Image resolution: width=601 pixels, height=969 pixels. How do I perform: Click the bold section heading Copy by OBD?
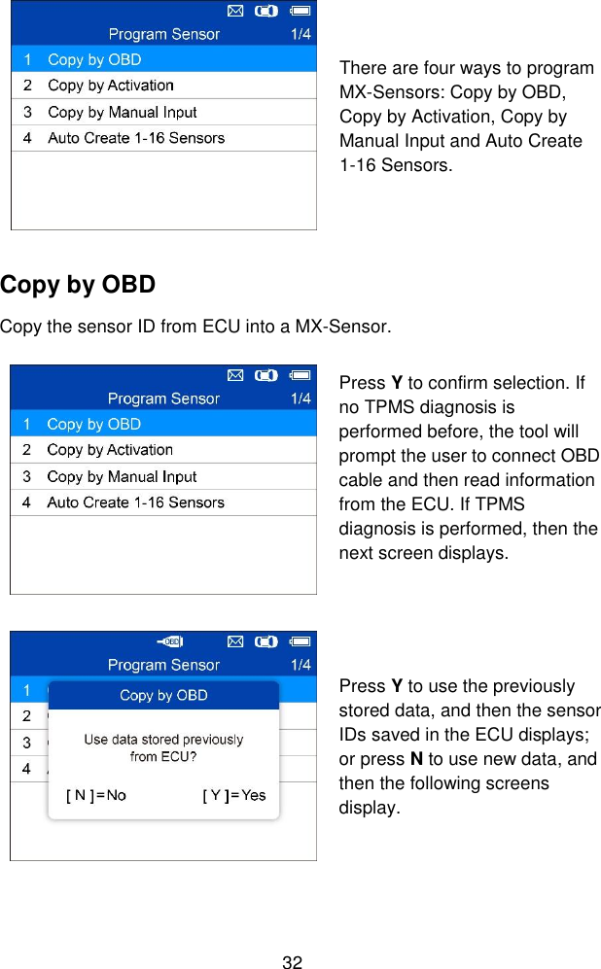pyautogui.click(x=78, y=286)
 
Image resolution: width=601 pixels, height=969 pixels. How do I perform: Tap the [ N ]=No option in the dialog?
pyautogui.click(x=95, y=795)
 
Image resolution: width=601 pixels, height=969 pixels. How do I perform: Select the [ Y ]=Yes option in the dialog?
pyautogui.click(x=233, y=795)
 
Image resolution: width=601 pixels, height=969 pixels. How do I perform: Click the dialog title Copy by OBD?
pyautogui.click(x=163, y=695)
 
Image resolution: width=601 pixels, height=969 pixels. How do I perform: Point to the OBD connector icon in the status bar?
pyautogui.click(x=171, y=641)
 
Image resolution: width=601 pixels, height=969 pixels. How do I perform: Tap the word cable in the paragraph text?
pyautogui.click(x=361, y=480)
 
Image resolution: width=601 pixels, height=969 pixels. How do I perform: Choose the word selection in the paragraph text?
pyautogui.click(x=534, y=383)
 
